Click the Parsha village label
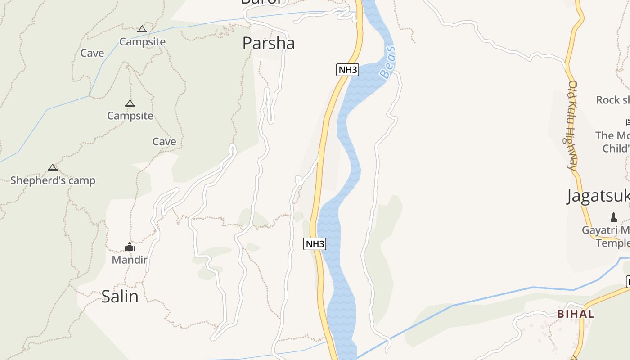[x=269, y=43]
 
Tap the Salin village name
[x=120, y=297]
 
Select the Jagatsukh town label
[x=598, y=196]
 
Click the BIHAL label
[x=576, y=314]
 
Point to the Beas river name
[x=387, y=63]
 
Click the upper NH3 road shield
[x=347, y=70]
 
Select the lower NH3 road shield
[x=315, y=244]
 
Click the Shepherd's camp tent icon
[x=53, y=168]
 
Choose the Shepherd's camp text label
[x=53, y=180]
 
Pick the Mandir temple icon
[x=130, y=247]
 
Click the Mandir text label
[x=129, y=260]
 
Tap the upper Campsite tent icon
[x=142, y=29]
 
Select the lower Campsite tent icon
[x=130, y=103]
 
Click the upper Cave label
[x=92, y=53]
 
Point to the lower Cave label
[x=164, y=142]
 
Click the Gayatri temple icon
[x=613, y=218]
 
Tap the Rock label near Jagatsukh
[x=612, y=100]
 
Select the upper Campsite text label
[x=142, y=42]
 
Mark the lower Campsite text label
[x=130, y=116]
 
